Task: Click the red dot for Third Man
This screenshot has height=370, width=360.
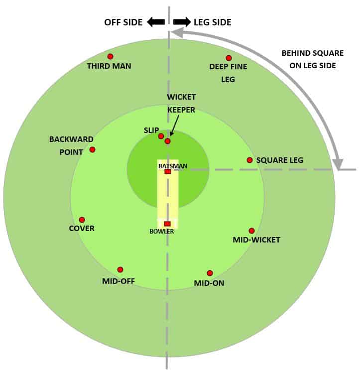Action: [x=110, y=57]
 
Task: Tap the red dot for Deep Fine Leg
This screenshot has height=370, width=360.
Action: [x=229, y=58]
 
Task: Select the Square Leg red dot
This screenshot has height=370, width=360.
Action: [x=249, y=160]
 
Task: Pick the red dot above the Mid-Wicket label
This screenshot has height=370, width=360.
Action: [x=252, y=231]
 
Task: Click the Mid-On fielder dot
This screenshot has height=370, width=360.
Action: [x=210, y=273]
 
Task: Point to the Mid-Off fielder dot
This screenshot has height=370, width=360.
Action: [x=120, y=270]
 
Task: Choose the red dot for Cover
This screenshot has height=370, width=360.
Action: [x=82, y=220]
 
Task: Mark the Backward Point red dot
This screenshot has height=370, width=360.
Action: [x=92, y=149]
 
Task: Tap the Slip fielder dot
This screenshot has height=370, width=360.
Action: [x=161, y=136]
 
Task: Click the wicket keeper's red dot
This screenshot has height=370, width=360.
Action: [x=167, y=141]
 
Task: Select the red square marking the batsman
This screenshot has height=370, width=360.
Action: [x=168, y=171]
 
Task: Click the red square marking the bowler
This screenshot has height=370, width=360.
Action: [x=167, y=224]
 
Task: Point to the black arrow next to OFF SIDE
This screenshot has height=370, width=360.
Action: [x=156, y=22]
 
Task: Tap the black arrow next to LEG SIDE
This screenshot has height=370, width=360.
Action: [x=182, y=22]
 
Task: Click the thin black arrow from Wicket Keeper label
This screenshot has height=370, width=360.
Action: [x=175, y=125]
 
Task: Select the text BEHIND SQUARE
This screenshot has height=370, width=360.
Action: [x=313, y=53]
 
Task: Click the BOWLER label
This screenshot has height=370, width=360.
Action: [x=162, y=232]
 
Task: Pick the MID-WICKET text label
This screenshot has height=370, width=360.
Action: [x=256, y=240]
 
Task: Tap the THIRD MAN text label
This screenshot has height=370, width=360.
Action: [x=109, y=66]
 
